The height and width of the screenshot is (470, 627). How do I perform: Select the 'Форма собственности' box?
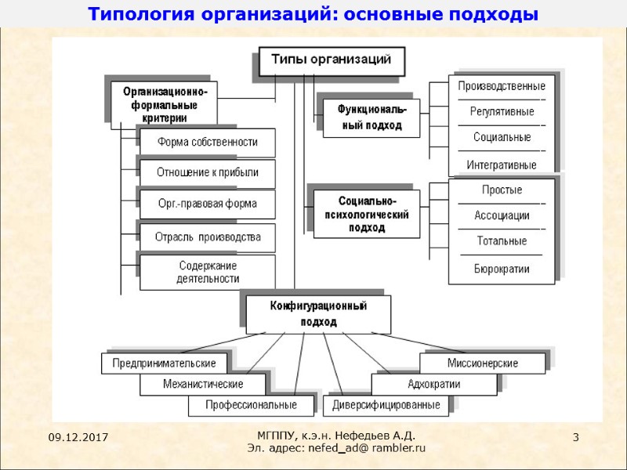207,142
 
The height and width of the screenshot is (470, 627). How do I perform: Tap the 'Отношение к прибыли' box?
207,172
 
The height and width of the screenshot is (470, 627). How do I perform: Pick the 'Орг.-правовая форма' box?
207,204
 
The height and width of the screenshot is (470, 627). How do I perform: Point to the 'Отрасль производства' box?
207,237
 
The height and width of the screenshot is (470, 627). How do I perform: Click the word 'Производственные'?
502,86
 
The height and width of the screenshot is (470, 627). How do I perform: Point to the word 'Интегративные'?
502,165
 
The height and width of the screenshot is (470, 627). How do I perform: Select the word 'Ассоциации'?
502,215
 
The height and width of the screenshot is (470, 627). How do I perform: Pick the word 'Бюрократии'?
502,269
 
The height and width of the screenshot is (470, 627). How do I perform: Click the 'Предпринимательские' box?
164,363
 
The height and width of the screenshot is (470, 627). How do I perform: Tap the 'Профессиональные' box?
251,405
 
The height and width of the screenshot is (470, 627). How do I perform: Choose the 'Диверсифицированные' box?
386,405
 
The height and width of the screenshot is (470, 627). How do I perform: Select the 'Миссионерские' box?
483,363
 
